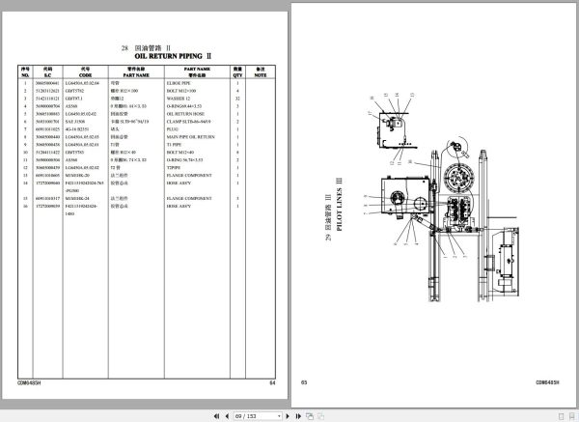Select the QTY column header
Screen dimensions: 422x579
pos(235,71)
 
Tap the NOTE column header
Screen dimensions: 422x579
pos(260,71)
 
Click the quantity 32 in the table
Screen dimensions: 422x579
pos(235,98)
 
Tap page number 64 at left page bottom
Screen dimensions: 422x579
pos(272,383)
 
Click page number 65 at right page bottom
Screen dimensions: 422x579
pos(303,383)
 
